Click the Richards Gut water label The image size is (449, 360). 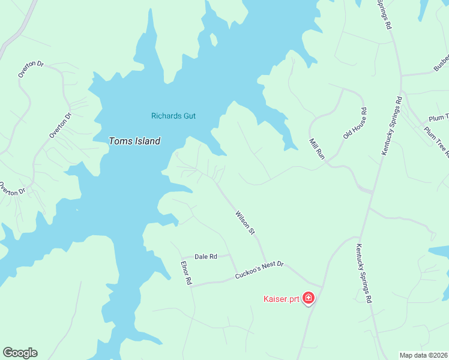[173, 116]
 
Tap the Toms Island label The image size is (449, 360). [134, 142]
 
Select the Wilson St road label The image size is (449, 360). [246, 223]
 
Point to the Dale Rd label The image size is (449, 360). [205, 257]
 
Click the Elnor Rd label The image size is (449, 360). [186, 272]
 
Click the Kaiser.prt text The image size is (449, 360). [282, 298]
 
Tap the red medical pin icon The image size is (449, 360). [309, 298]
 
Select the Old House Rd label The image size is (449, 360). [355, 123]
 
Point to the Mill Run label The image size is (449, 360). [317, 148]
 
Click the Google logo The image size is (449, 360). [20, 353]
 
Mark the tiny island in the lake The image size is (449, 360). [213, 39]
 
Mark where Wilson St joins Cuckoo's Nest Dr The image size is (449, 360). [266, 263]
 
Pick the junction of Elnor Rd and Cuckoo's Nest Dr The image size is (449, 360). [191, 285]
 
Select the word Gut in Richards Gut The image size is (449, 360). [190, 116]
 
